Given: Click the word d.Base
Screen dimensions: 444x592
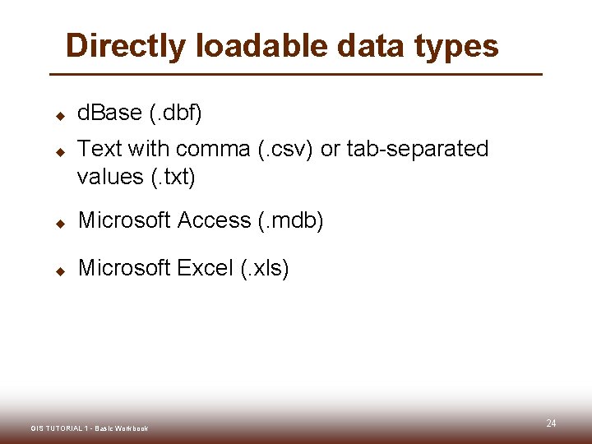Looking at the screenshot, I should click(x=109, y=113).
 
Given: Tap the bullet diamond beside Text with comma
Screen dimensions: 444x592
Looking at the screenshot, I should click(x=59, y=152).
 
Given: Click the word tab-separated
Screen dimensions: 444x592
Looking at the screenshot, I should click(x=418, y=149).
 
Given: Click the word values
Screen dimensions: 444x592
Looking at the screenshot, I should click(x=107, y=177).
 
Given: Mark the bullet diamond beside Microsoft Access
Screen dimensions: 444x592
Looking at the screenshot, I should click(x=59, y=223).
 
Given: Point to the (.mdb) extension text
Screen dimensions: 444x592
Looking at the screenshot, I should click(x=291, y=220).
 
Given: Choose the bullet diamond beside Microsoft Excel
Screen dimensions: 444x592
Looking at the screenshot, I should click(x=59, y=271).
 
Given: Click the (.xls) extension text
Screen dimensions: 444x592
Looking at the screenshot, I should click(x=264, y=268).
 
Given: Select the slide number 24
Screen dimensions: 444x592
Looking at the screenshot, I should click(x=551, y=423).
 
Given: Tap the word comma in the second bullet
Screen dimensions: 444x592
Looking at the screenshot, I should click(x=213, y=149).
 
